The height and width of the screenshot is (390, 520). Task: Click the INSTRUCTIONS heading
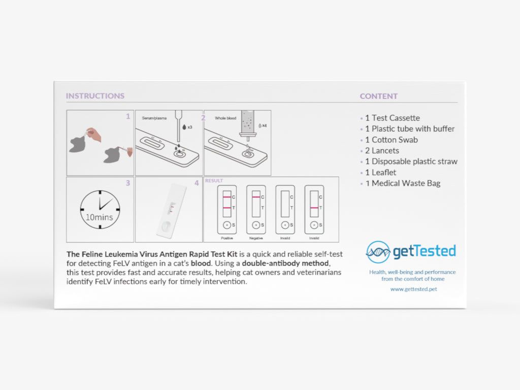pyautogui.click(x=95, y=96)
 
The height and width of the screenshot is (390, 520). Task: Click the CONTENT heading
pyautogui.click(x=378, y=96)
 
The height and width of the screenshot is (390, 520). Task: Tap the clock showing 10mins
pyautogui.click(x=100, y=210)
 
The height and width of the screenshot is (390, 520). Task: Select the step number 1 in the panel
pyautogui.click(x=128, y=116)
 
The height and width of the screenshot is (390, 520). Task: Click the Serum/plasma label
pyautogui.click(x=154, y=118)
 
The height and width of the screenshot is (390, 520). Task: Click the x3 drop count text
pyautogui.click(x=190, y=127)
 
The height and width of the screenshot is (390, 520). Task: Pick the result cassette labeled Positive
pyautogui.click(x=227, y=209)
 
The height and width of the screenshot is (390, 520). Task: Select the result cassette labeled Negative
pyautogui.click(x=256, y=209)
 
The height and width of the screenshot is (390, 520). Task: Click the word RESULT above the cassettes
pyautogui.click(x=214, y=181)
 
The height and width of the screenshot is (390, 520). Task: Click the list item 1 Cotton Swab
pyautogui.click(x=391, y=140)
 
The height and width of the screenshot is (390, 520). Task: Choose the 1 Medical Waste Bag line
pyautogui.click(x=403, y=183)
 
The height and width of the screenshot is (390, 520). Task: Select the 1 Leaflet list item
pyautogui.click(x=380, y=173)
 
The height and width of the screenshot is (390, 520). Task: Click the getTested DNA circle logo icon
pyautogui.click(x=378, y=252)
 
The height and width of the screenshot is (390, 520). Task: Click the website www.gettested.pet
pyautogui.click(x=413, y=289)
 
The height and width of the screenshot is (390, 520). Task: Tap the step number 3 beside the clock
pyautogui.click(x=128, y=183)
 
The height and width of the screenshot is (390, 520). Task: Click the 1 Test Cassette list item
pyautogui.click(x=393, y=118)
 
